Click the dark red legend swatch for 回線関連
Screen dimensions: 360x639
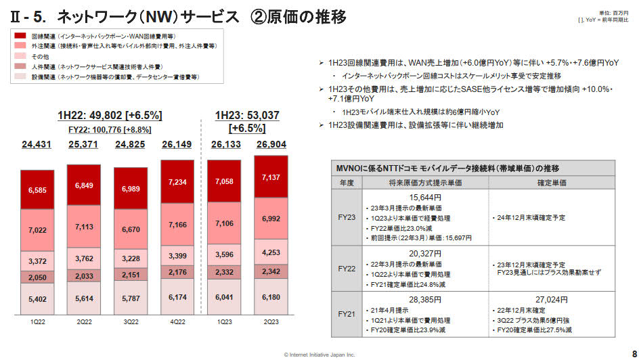coord(20,35)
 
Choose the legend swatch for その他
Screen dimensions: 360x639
coord(20,56)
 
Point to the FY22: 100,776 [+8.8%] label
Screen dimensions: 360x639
coord(110,129)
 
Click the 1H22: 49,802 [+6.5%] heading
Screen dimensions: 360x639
coord(110,115)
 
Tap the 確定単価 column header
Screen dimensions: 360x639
coord(551,183)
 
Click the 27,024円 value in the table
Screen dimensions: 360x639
coord(551,298)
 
